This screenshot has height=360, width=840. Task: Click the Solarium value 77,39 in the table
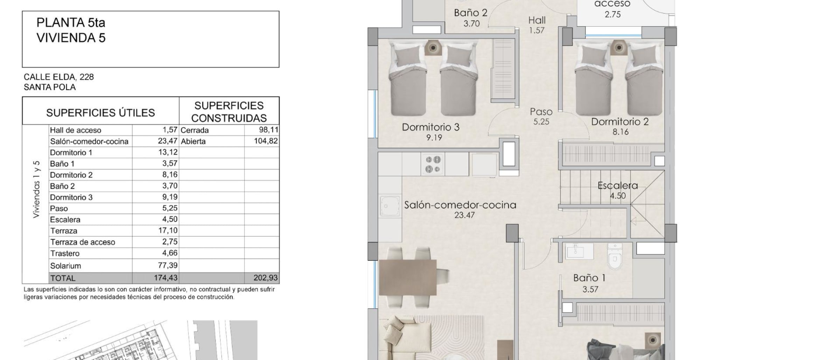(168, 266)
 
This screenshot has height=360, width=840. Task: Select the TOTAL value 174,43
(166, 278)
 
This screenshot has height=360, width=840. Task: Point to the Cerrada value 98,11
(268, 130)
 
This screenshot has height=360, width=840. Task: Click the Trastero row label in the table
(65, 253)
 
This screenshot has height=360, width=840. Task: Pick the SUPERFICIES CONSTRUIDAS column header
(229, 112)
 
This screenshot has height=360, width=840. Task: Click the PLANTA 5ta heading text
(71, 23)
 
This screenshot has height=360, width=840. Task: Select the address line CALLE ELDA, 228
(59, 77)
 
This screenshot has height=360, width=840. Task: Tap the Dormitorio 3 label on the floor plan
(430, 127)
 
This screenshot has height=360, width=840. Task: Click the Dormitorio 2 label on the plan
(620, 122)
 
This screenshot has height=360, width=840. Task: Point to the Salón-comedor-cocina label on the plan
(460, 205)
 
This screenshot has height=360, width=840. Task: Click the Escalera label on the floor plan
(618, 185)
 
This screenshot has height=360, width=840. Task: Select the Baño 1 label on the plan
(589, 278)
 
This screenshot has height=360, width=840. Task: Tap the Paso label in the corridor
(541, 112)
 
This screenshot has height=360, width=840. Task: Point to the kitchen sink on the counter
(390, 207)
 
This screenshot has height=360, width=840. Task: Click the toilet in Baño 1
(615, 257)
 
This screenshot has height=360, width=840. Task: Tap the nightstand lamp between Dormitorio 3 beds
(433, 48)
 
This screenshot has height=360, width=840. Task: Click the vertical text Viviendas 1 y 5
(36, 190)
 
